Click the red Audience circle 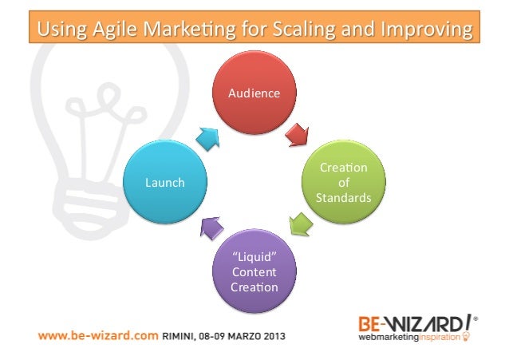coord(254,94)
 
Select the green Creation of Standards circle coord(343,182)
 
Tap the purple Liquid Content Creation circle coord(254,272)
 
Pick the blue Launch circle coord(164,183)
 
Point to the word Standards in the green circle coord(343,196)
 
